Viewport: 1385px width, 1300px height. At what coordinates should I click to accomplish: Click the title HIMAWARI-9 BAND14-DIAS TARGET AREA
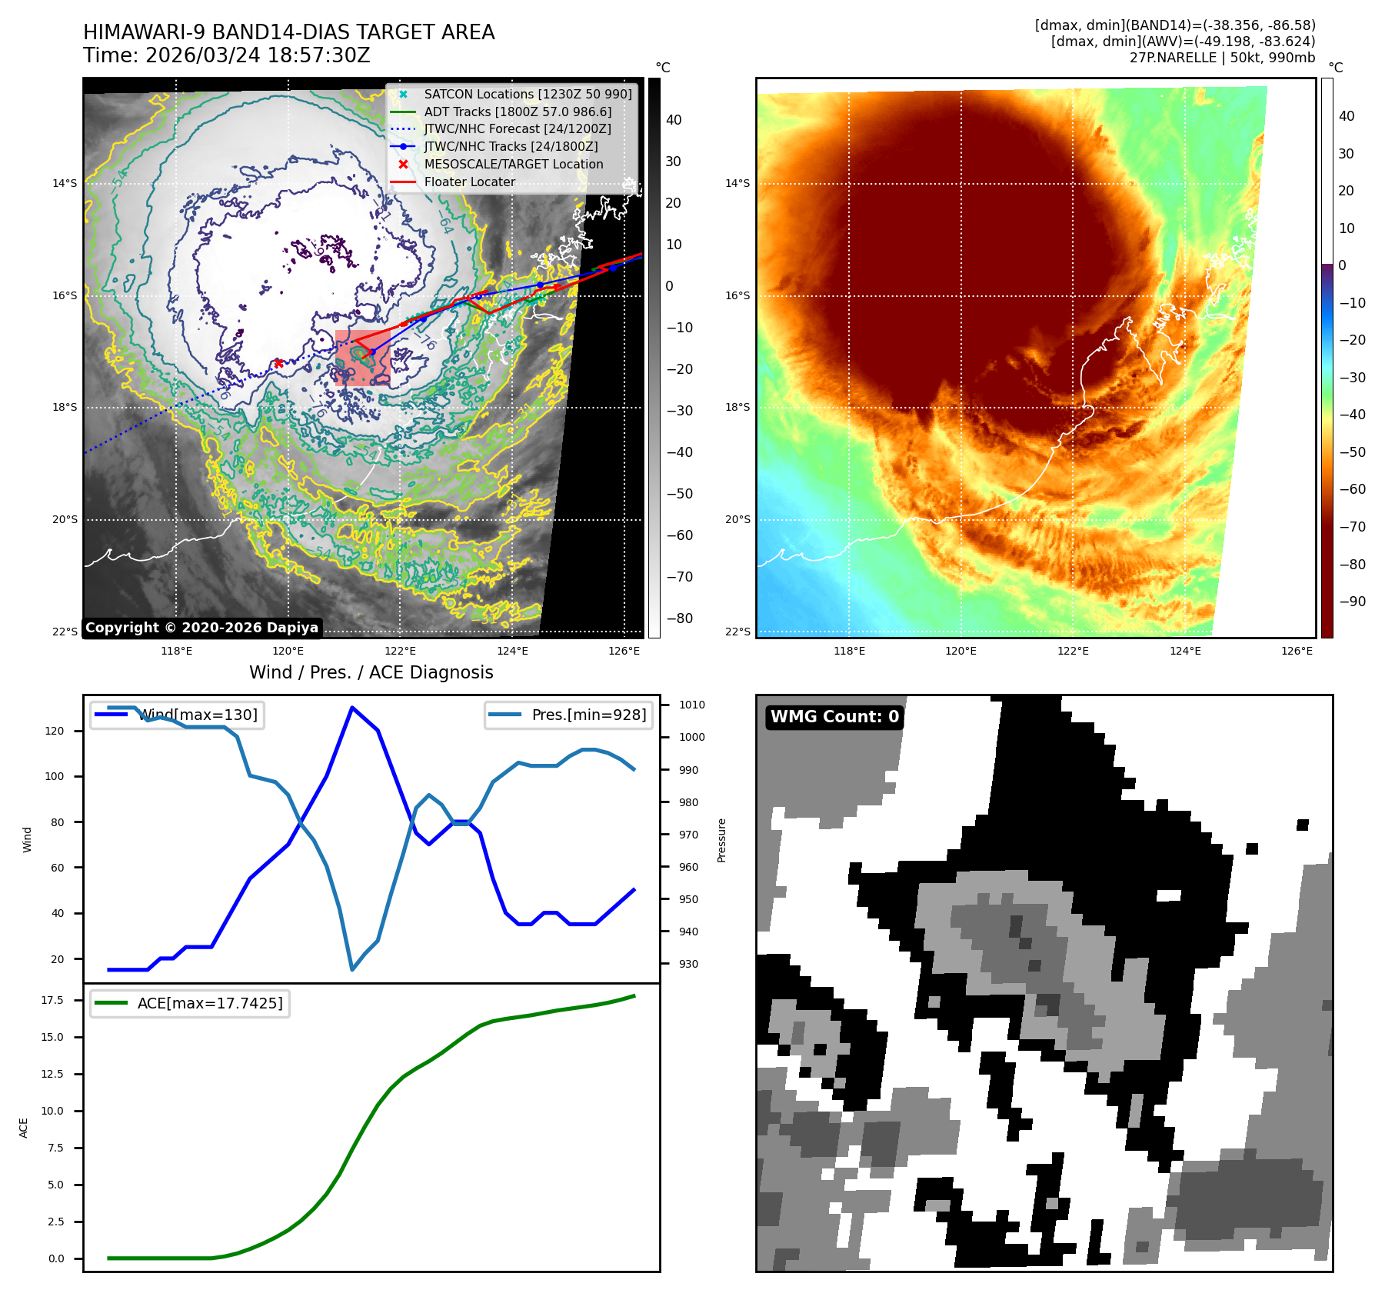click(288, 32)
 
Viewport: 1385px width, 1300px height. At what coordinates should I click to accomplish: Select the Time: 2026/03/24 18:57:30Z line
click(227, 56)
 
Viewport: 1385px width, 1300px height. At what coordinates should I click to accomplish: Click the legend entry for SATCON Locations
click(528, 94)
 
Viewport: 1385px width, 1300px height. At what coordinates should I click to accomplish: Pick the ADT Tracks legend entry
click(518, 112)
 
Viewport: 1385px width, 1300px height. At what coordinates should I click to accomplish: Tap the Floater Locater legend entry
click(469, 182)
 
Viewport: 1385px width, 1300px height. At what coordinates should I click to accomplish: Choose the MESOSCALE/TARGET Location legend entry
click(513, 165)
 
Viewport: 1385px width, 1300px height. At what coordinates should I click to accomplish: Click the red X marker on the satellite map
click(278, 363)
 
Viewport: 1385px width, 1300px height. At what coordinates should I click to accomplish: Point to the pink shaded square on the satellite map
click(362, 358)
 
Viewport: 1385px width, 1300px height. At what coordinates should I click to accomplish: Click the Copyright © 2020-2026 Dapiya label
click(201, 628)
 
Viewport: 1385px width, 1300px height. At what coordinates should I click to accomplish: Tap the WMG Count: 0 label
click(834, 717)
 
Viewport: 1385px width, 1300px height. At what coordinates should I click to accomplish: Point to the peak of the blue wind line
click(351, 707)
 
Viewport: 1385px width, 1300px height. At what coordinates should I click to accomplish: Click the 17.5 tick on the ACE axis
click(52, 1000)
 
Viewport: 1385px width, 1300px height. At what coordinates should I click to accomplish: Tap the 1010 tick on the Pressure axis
click(692, 705)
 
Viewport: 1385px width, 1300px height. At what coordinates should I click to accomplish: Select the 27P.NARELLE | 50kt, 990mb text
click(1222, 58)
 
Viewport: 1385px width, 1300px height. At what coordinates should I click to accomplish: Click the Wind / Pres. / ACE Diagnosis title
click(371, 672)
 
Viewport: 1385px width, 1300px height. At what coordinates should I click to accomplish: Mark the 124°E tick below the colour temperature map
click(1185, 651)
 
